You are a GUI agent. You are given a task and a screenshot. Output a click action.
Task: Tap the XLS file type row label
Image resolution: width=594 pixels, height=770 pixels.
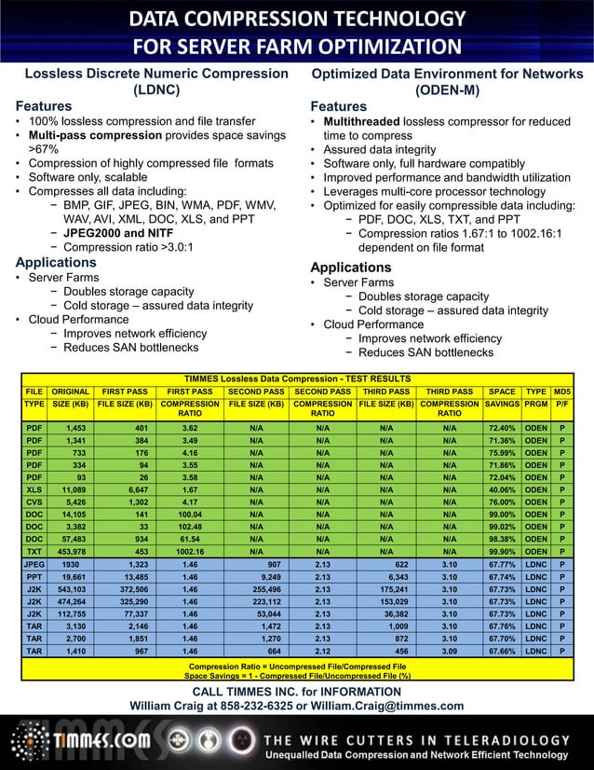[34, 488]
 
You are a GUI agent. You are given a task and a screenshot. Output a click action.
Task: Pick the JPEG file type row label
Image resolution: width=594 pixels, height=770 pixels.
[34, 565]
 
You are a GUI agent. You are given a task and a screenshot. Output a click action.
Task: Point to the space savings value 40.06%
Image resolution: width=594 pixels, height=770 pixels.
[502, 488]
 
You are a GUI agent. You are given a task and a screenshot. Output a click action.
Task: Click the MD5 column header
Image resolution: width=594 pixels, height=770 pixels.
[561, 392]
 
